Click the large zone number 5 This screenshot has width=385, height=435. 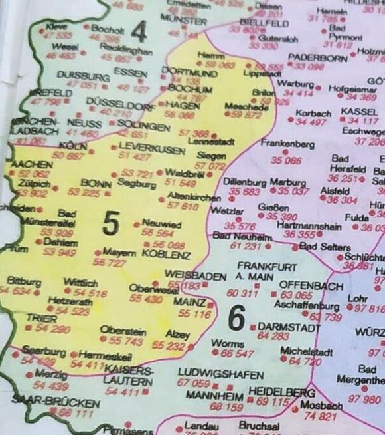pyautogui.click(x=111, y=224)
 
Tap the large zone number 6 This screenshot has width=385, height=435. pyautogui.click(x=237, y=317)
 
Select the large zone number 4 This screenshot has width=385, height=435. pyautogui.click(x=139, y=31)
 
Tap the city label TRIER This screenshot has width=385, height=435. pyautogui.click(x=23, y=319)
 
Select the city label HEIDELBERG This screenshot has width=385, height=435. pyautogui.click(x=281, y=392)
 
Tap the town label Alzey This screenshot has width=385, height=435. pyautogui.click(x=177, y=335)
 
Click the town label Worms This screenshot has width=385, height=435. pyautogui.click(x=227, y=343)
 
